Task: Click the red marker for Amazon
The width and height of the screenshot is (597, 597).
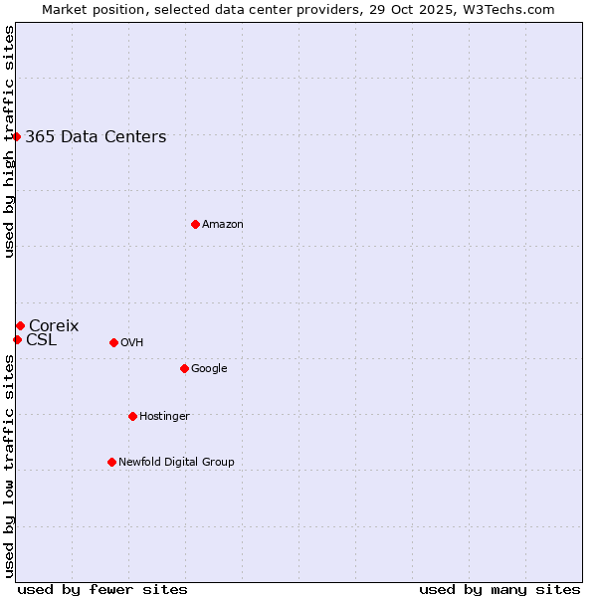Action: [195, 224]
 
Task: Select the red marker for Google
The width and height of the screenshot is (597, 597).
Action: [184, 368]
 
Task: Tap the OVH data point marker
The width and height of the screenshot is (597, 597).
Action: [113, 342]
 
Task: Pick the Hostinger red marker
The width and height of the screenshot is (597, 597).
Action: [132, 416]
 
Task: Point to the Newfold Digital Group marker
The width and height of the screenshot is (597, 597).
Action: [111, 462]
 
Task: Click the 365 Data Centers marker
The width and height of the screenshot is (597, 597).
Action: [17, 136]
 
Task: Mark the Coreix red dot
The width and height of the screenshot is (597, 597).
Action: [20, 325]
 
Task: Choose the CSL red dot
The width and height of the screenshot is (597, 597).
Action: [17, 339]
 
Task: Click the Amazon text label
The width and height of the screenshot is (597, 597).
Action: [223, 224]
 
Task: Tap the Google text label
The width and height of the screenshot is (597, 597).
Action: [209, 368]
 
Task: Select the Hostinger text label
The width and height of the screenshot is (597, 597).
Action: [164, 416]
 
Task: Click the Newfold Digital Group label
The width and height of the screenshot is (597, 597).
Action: [176, 462]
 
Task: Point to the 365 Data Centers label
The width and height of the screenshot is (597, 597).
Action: [96, 137]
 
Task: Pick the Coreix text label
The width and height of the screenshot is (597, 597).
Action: [54, 325]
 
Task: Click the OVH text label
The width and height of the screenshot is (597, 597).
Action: [132, 342]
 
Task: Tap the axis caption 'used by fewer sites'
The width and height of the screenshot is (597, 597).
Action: [102, 589]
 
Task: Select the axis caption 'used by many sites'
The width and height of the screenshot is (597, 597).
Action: [499, 589]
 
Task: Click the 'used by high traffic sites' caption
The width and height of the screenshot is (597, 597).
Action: [9, 141]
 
